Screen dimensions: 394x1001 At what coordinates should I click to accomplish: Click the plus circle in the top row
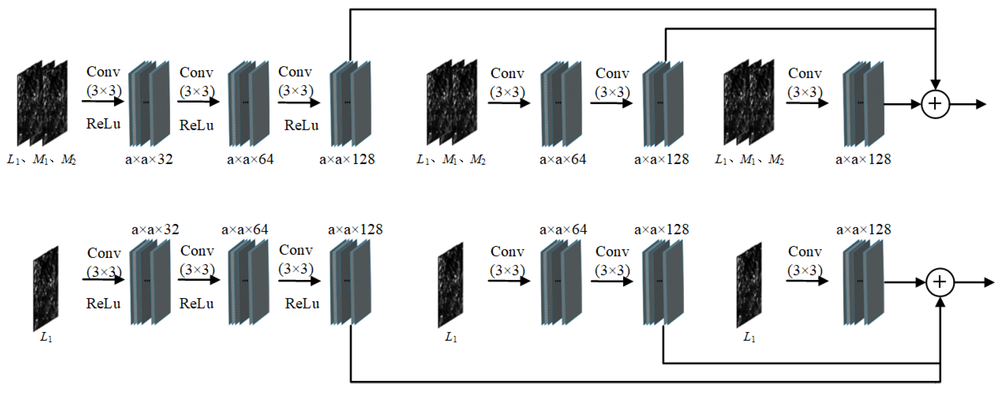coord(935,104)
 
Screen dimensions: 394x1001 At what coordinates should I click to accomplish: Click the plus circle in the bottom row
coord(940,282)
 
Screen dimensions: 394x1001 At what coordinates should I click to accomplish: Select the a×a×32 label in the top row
coord(149,160)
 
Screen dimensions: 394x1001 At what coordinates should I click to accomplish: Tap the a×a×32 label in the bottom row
coord(155,229)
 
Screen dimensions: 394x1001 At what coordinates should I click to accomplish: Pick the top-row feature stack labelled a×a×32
coord(149,104)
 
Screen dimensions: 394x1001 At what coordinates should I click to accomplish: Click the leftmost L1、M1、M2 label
coord(42,160)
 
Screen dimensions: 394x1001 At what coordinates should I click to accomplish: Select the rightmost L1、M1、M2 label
coord(749,160)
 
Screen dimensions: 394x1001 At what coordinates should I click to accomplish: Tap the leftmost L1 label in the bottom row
coord(46,337)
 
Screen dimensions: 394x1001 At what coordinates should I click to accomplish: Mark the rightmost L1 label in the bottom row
coord(749,337)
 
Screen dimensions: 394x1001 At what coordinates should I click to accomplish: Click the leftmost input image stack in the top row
coord(42,103)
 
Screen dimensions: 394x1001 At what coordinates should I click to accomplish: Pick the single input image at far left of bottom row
coord(46,288)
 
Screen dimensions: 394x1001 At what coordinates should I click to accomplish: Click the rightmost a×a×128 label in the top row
coord(863,160)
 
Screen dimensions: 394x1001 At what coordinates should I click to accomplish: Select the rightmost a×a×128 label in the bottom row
coord(864,229)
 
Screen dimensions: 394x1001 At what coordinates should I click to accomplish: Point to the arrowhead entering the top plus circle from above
coord(935,85)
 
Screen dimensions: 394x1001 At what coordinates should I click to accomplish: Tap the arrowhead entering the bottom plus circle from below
coord(940,302)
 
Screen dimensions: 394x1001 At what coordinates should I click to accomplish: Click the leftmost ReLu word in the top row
coord(103,124)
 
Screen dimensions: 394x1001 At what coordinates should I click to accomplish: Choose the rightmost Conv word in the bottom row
coord(805,252)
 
